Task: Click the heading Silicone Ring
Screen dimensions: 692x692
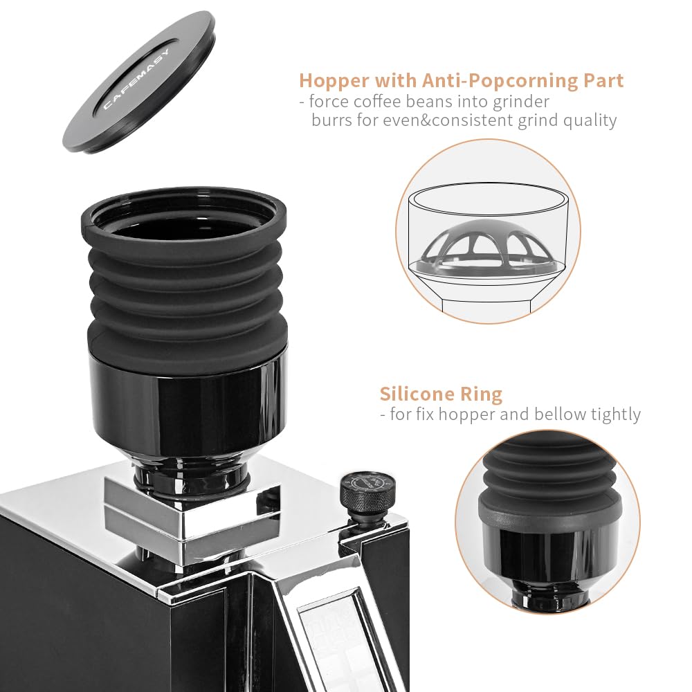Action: tap(440, 394)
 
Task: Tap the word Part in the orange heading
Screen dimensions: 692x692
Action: tap(602, 80)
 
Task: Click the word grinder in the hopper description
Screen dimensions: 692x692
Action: tap(516, 102)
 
